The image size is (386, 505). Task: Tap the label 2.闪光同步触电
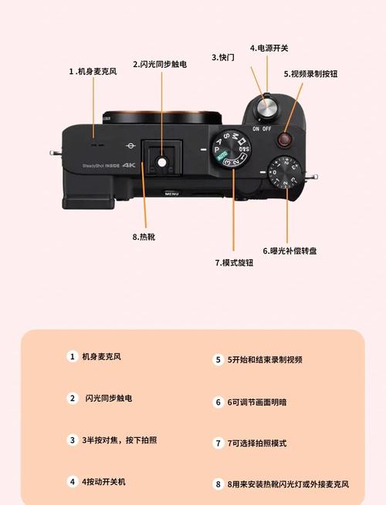(x=160, y=65)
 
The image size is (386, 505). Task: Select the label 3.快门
(x=223, y=57)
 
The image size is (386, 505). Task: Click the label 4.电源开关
(x=269, y=48)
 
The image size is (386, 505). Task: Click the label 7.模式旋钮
(x=233, y=262)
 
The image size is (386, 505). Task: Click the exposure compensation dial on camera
(x=280, y=177)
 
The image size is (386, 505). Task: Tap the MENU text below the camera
(x=171, y=194)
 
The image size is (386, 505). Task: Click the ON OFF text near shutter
(x=262, y=130)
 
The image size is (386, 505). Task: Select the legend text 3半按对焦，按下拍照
(x=120, y=440)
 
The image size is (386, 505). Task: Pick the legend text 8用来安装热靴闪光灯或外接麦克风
(x=287, y=484)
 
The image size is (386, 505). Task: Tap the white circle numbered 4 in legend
(x=72, y=481)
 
